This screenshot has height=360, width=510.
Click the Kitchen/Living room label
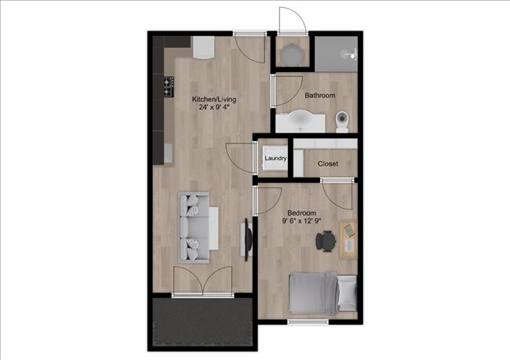[214, 100]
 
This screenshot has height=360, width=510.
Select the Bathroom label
[320, 96]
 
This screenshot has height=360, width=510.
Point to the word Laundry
[275, 159]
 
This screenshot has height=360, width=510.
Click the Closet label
[327, 164]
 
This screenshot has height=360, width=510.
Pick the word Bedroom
[302, 213]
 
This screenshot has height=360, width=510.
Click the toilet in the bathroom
[342, 121]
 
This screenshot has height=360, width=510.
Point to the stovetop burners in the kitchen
[168, 86]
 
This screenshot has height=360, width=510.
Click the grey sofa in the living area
[197, 227]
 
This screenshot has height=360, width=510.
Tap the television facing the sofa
[248, 238]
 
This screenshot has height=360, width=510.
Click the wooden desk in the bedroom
[348, 238]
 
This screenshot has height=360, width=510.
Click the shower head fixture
[352, 53]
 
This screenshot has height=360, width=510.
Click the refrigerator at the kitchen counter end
[203, 48]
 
